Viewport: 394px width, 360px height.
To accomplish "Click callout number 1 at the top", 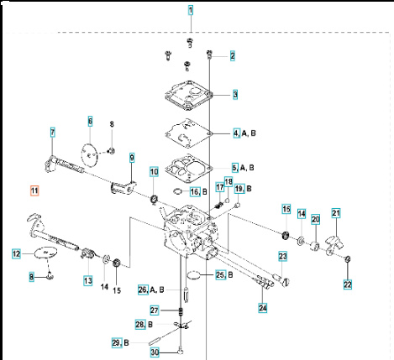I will click(x=191, y=11).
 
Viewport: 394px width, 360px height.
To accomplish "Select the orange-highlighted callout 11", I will click(x=34, y=191).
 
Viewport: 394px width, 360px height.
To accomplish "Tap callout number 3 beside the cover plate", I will click(x=235, y=95).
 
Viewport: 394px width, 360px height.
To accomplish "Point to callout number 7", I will click(x=52, y=133).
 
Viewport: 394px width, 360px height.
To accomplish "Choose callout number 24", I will click(x=263, y=307).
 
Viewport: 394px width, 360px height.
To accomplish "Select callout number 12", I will click(x=16, y=253).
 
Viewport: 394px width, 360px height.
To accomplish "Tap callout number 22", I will click(x=348, y=285).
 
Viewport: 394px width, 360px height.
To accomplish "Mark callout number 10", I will click(x=154, y=173).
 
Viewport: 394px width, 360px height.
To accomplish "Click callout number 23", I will click(x=283, y=256).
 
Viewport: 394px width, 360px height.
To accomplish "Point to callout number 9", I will click(x=131, y=157).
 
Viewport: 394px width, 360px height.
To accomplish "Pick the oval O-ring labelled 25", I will click(x=192, y=274).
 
